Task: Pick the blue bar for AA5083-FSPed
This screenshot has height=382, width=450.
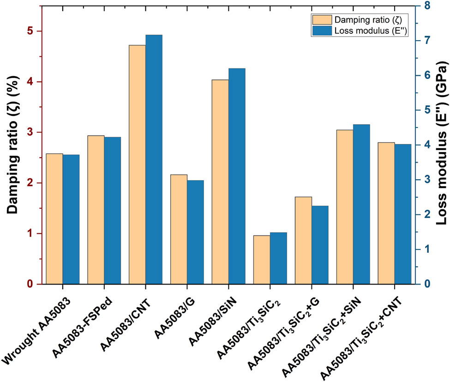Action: tap(112, 211)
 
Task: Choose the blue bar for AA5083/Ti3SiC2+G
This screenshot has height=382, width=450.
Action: tap(320, 245)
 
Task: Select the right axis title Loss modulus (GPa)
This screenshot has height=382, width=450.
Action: tap(442, 143)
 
